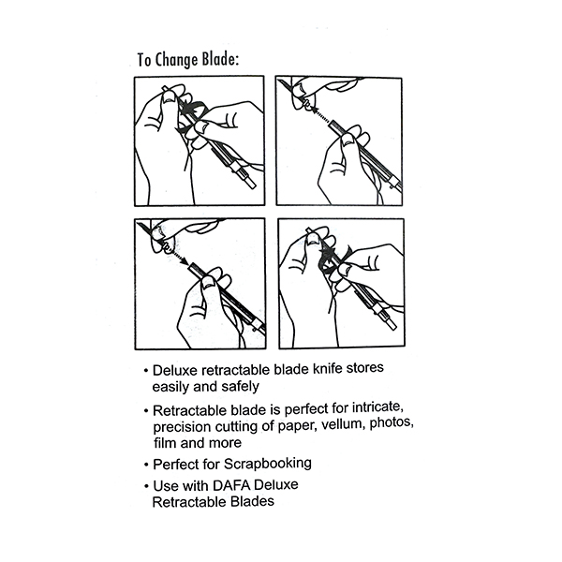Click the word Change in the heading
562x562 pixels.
177,60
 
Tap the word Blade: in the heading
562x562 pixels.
220,59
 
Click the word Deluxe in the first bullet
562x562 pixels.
175,370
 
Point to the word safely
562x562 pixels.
240,386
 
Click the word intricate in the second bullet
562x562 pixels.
378,407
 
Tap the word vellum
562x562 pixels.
344,424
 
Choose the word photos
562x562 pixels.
392,423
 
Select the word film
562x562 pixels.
165,443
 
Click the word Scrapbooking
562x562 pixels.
268,464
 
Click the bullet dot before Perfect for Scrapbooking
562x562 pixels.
146,466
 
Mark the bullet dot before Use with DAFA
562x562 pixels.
146,487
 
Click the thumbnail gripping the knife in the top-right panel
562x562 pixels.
348,142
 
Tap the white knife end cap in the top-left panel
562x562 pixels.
250,184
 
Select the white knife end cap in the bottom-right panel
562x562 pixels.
392,325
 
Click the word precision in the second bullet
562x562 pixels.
182,427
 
